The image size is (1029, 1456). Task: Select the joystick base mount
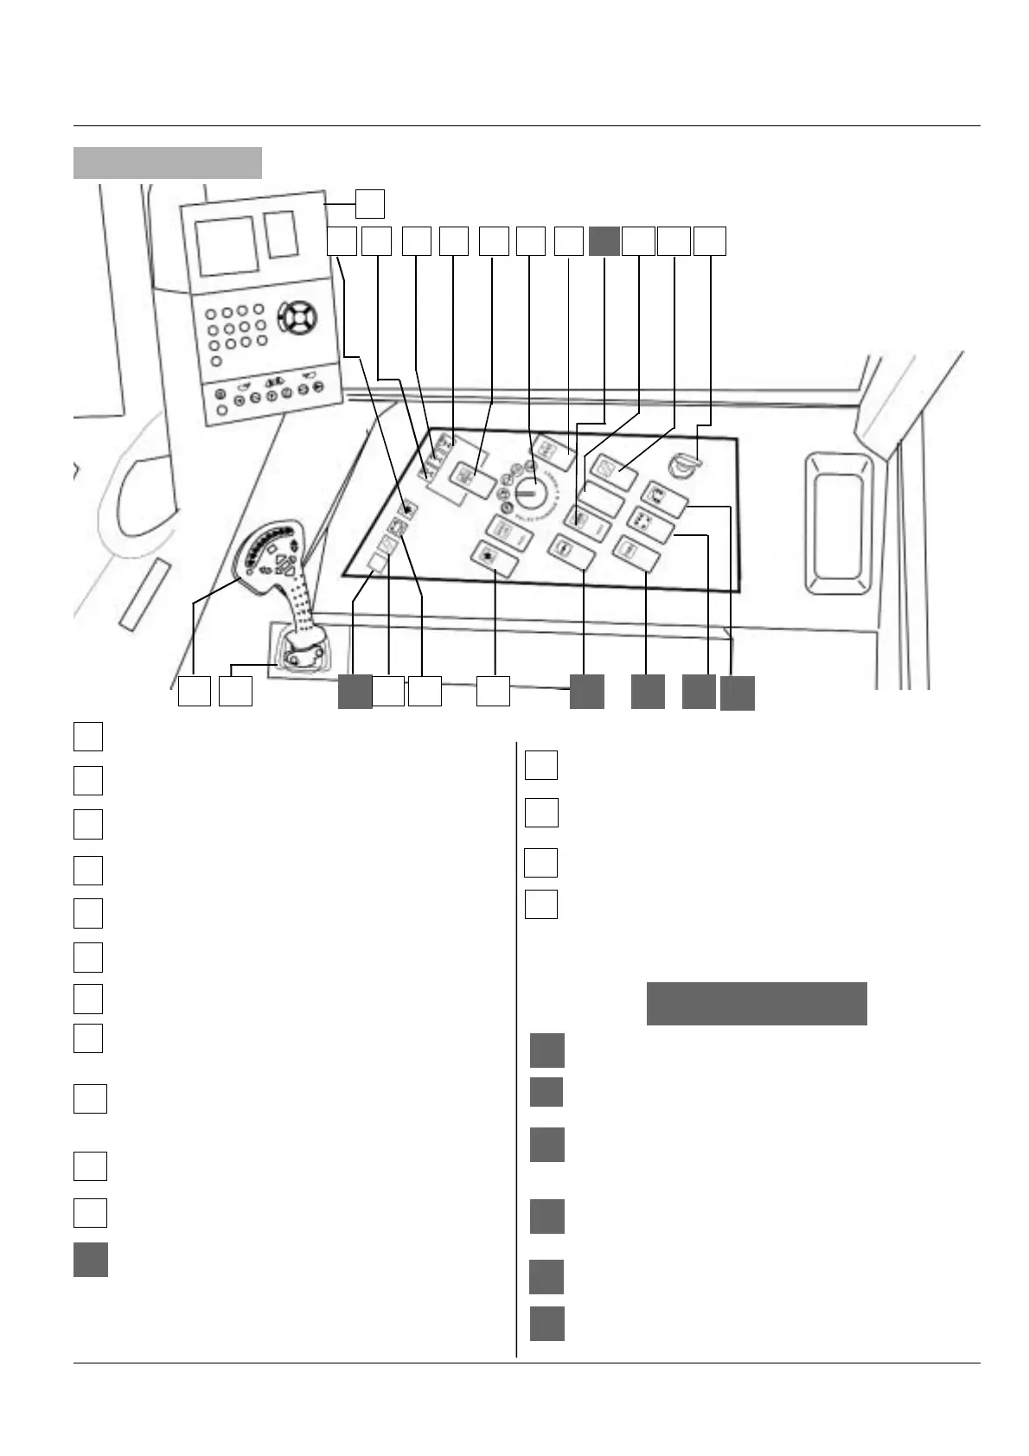pos(298,655)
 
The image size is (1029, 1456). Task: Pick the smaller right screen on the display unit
pos(282,233)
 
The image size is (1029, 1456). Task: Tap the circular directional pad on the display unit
pos(296,317)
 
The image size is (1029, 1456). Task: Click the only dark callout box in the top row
pos(604,241)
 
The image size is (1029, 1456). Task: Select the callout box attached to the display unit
pos(370,203)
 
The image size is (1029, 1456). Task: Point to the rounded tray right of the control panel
pos(839,525)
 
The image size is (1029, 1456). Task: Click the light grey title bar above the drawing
pos(168,163)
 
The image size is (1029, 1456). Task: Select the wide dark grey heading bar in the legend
pos(757,1003)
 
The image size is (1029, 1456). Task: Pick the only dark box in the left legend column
pos(90,1259)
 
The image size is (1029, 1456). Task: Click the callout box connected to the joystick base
pos(235,692)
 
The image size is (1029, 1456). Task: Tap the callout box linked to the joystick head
pos(195,692)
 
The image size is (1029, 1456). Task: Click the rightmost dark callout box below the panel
pos(737,693)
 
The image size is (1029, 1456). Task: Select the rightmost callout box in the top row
pos(710,241)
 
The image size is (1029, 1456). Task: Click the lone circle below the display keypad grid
pos(217,361)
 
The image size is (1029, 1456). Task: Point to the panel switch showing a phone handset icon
pos(664,499)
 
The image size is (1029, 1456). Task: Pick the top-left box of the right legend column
pos(541,765)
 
